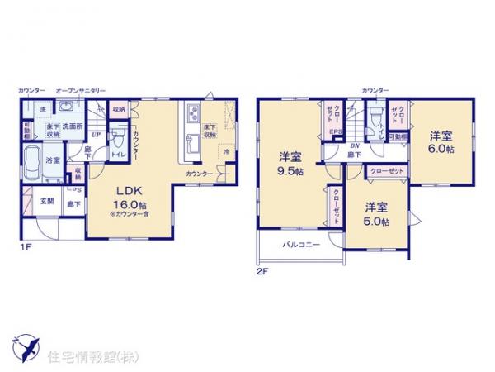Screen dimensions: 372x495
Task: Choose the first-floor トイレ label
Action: point(117,153)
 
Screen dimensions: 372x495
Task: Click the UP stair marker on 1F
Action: point(97,134)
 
